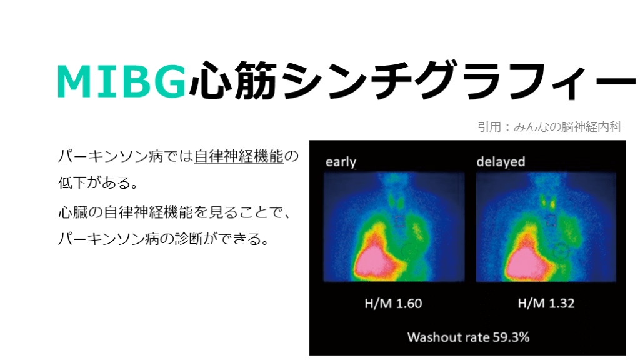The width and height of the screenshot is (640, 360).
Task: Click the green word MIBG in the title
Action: pyautogui.click(x=122, y=81)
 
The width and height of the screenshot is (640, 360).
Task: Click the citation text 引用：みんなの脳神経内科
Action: pyautogui.click(x=549, y=127)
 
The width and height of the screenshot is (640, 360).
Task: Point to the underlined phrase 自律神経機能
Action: pyautogui.click(x=239, y=156)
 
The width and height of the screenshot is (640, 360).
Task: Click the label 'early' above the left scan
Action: pyautogui.click(x=341, y=162)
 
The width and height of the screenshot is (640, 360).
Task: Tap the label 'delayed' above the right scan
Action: pyautogui.click(x=501, y=162)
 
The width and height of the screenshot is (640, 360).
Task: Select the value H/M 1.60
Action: pyautogui.click(x=393, y=303)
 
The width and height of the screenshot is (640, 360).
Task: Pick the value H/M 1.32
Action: pyautogui.click(x=546, y=303)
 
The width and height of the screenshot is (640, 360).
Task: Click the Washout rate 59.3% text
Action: pyautogui.click(x=468, y=337)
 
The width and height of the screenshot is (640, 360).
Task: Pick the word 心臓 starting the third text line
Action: pyautogui.click(x=73, y=212)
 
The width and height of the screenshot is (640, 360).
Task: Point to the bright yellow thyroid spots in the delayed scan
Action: pyautogui.click(x=548, y=202)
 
